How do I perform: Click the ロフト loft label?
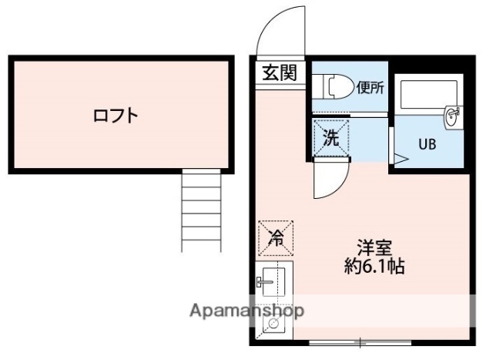click(116, 116)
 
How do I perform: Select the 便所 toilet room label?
click(371, 88)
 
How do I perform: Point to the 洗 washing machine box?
click(330, 139)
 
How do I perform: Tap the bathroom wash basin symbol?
click(452, 117)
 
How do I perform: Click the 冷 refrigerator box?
click(275, 238)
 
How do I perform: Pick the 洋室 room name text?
click(375, 249)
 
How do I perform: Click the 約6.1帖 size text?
click(375, 268)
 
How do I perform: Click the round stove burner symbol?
click(271, 325)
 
